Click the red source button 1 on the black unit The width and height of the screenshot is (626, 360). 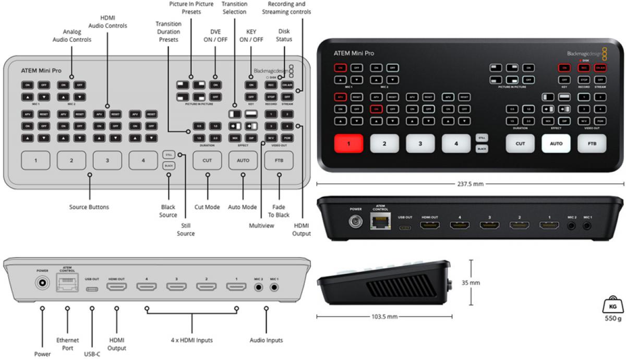point(349,143)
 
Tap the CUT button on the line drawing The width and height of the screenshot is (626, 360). point(207,160)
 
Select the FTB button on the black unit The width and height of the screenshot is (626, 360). point(592,143)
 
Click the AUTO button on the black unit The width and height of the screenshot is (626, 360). point(556,143)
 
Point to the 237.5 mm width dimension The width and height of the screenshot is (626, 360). point(470,183)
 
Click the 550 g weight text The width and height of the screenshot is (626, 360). point(611,317)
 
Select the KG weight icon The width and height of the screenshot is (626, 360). point(611,305)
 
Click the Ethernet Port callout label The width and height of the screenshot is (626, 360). point(68,344)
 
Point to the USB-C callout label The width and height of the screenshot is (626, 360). point(92,354)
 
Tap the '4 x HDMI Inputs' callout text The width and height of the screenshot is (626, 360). point(191,340)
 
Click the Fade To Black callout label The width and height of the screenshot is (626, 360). point(280,211)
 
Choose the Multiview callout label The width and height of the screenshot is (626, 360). point(261,225)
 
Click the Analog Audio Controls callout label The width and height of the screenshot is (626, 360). point(72,35)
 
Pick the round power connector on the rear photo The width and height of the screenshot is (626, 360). point(356,223)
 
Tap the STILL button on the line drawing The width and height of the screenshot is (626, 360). point(168,155)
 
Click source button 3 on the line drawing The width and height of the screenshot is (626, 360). point(107,160)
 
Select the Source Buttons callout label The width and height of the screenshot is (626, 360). point(89,207)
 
